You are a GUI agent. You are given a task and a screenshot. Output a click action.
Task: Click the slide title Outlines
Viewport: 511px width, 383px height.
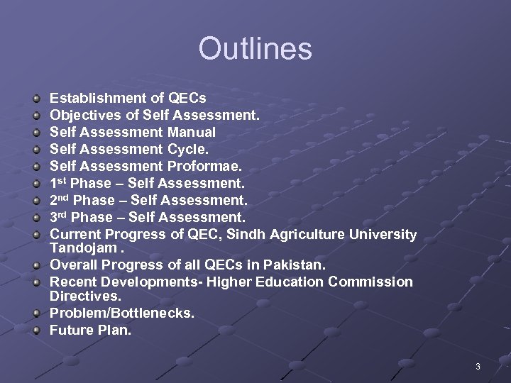(x=255, y=49)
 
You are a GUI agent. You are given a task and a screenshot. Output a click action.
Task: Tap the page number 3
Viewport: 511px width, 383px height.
(x=478, y=367)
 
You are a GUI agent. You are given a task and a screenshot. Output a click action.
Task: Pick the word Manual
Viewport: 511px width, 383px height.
(x=192, y=132)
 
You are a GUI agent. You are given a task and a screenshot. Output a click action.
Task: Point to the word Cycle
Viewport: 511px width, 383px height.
(x=188, y=149)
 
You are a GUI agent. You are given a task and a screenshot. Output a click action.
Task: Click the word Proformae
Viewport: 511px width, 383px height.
(x=205, y=166)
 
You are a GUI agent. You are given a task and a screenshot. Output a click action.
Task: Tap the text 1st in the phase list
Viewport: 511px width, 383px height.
(x=59, y=183)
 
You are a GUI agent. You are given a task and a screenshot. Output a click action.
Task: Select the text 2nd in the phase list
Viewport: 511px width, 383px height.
(x=60, y=200)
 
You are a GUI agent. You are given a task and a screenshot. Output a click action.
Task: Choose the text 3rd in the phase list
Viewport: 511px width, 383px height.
(x=60, y=217)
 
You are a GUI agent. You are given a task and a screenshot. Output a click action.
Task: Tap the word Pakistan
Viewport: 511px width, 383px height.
(x=294, y=265)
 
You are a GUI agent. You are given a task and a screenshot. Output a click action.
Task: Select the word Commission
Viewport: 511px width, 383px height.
(x=370, y=282)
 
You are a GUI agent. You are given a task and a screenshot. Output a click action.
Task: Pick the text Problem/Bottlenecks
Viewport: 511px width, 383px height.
(x=121, y=313)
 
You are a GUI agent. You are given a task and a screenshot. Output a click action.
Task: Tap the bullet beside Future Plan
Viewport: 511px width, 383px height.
(x=36, y=330)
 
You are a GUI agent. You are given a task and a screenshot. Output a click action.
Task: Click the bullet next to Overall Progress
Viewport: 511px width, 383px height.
(x=36, y=265)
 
